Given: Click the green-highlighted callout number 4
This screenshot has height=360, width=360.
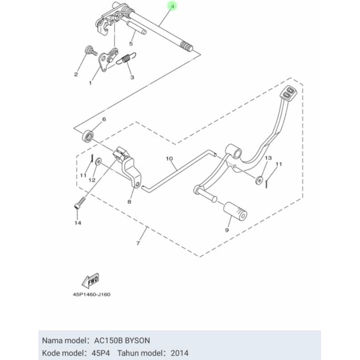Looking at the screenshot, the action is point(173,6).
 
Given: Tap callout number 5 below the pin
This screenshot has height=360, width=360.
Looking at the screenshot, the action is point(131,43).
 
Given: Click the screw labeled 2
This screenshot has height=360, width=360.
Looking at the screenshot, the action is point(90,51).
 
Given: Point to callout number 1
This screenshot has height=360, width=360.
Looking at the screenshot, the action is point(90,83).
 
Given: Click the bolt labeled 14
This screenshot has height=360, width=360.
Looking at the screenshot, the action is point(80,203).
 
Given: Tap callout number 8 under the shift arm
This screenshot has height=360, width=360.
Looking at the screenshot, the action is point(129,201).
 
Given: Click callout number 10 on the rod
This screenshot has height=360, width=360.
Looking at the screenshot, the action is point(169,159).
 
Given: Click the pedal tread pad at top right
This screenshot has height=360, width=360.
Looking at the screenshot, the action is point(289,92).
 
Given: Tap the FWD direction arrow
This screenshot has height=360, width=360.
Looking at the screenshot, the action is point(91,280).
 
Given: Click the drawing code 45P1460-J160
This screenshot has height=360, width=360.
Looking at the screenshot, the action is point(92,294).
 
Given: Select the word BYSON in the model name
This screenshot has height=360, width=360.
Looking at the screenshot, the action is point(137,341).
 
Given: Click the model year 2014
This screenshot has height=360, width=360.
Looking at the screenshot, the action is point(180,353).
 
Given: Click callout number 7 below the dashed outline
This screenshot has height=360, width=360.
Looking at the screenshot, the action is point(138,243).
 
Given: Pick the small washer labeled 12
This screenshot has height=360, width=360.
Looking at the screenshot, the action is point(98,161).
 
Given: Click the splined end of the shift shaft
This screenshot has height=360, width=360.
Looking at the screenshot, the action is point(187,46).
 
